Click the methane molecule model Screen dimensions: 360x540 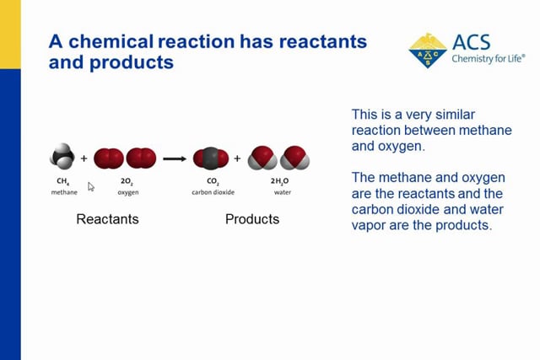62,157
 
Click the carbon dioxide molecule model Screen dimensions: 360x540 211,158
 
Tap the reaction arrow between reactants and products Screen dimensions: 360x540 174,158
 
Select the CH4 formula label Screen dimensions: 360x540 63,181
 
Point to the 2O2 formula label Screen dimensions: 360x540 127,181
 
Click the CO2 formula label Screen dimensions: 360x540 212,181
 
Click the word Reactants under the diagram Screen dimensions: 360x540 107,219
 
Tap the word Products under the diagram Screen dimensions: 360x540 252,219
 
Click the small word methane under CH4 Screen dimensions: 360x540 64,192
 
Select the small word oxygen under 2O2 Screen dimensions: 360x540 128,192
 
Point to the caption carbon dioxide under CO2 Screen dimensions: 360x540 212,192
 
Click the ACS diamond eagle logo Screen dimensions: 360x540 428,51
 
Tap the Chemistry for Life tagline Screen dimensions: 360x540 488,59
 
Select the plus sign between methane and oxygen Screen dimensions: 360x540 84,158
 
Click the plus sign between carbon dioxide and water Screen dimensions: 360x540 237,158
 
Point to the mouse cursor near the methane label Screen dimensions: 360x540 91,186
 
